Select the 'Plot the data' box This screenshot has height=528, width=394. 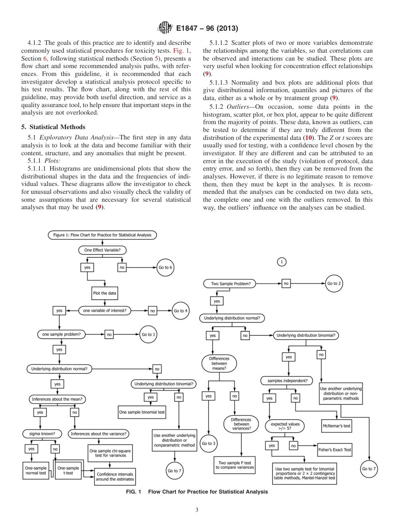pyautogui.click(x=105, y=293)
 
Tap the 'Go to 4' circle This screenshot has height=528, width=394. pyautogui.click(x=181, y=310)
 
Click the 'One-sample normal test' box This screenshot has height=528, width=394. pyautogui.click(x=35, y=470)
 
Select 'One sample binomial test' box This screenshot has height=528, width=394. pyautogui.click(x=142, y=412)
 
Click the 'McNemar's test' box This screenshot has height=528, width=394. pyautogui.click(x=336, y=425)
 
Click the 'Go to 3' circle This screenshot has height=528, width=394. pyautogui.click(x=208, y=443)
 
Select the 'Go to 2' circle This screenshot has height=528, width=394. pyautogui.click(x=334, y=284)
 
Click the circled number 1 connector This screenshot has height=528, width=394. pyautogui.click(x=282, y=262)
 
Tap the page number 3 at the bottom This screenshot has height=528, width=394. pyautogui.click(x=197, y=510)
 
